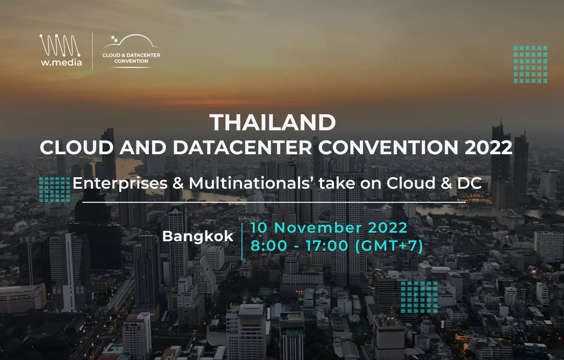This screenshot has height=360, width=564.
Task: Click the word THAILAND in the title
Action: click(x=273, y=122)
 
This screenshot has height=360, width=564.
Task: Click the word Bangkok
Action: click(x=198, y=236)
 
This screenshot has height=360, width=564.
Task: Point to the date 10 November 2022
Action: click(x=329, y=228)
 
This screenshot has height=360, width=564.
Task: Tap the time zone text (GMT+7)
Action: click(x=389, y=246)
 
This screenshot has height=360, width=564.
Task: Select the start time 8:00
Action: click(x=269, y=246)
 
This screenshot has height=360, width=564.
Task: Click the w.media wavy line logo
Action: click(x=60, y=45)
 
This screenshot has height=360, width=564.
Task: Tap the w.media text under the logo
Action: click(x=61, y=62)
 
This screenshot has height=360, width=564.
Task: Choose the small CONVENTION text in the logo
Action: click(x=131, y=61)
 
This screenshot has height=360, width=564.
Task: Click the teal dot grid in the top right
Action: click(x=530, y=64)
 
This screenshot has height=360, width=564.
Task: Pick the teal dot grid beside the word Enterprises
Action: click(x=54, y=189)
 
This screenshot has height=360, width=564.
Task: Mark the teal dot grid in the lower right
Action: click(x=419, y=297)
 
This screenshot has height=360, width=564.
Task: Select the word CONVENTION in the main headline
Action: click(x=388, y=147)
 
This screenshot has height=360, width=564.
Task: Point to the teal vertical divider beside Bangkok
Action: click(x=242, y=242)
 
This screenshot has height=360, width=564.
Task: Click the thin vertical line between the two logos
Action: click(x=92, y=51)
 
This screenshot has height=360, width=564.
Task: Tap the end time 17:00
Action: click(x=327, y=246)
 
